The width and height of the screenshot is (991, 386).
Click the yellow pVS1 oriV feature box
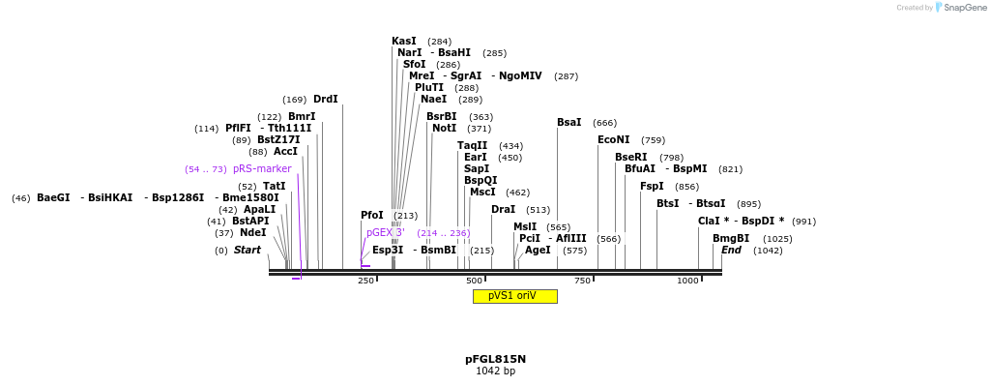click(514, 296)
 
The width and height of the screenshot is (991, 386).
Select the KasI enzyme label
click(404, 42)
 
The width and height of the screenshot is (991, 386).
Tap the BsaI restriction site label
click(569, 123)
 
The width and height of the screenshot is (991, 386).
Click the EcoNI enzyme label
click(613, 140)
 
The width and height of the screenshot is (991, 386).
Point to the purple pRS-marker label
click(262, 169)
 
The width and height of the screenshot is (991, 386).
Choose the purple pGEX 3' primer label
click(386, 233)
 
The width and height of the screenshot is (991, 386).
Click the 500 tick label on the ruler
click(474, 282)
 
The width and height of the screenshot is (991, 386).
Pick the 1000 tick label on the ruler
click(687, 282)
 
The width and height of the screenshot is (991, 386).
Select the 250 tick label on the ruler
click(365, 282)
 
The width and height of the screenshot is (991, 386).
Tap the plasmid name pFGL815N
click(495, 359)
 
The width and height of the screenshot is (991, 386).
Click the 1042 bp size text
click(495, 371)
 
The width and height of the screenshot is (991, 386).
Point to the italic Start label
click(248, 251)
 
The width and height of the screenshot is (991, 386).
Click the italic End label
click(731, 251)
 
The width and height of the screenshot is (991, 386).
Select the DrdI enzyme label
click(326, 100)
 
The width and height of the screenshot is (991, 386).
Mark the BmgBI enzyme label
click(731, 239)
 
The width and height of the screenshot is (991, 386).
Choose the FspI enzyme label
click(652, 187)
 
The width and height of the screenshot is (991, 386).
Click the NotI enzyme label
click(445, 129)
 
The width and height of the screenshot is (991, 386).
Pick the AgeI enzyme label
click(538, 251)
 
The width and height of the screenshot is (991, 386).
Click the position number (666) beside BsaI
click(604, 123)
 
